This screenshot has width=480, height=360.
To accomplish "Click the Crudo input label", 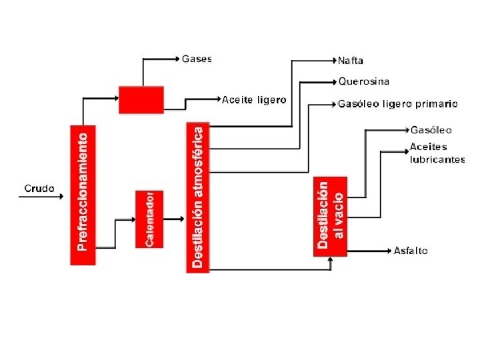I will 39,189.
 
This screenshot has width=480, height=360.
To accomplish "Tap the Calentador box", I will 149,220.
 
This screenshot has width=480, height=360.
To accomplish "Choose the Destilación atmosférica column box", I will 198,197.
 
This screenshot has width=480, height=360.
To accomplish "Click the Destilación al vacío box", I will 331,215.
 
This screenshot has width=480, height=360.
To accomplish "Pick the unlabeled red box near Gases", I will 141,99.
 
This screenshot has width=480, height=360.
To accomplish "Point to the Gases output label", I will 197,59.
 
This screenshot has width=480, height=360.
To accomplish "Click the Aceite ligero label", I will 254,100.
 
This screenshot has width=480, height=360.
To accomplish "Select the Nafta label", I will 351,61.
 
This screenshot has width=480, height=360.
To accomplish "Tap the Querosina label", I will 363,82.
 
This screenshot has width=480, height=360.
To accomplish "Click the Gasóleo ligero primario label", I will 398,104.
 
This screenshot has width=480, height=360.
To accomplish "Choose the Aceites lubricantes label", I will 437,153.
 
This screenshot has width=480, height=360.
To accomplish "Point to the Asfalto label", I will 411,251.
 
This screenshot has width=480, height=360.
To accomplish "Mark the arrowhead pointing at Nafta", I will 335,61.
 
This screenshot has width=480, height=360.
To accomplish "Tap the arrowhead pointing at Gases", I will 178,59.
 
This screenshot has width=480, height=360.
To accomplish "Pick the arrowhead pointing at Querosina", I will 335,83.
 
